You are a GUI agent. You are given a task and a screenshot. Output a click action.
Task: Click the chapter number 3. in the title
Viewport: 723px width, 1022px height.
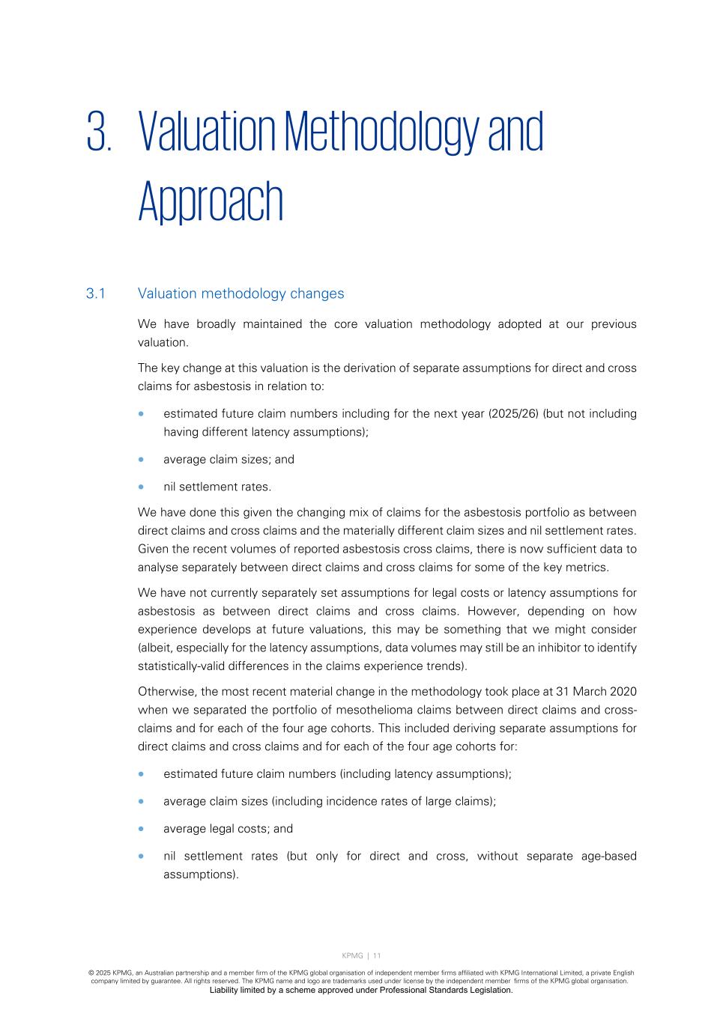click(99, 132)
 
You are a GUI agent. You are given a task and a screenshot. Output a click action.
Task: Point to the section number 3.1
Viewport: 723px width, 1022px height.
click(95, 293)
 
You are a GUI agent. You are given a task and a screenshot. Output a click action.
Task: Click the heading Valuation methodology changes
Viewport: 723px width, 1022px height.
click(241, 293)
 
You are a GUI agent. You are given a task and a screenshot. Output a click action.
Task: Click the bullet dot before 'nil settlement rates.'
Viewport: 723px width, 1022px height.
click(141, 487)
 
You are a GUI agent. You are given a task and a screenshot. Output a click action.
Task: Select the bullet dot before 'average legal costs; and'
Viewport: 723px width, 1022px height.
click(141, 829)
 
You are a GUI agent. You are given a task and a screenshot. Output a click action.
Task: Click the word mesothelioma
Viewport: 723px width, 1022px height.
click(350, 710)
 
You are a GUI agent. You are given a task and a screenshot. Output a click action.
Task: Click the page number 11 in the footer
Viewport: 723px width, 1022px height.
click(377, 955)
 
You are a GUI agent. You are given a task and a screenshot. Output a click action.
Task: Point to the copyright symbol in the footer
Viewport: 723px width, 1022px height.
click(91, 973)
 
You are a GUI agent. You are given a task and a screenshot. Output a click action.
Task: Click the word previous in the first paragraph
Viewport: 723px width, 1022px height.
click(614, 324)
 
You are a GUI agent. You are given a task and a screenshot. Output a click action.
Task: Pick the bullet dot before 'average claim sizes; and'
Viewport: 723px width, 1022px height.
click(141, 460)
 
